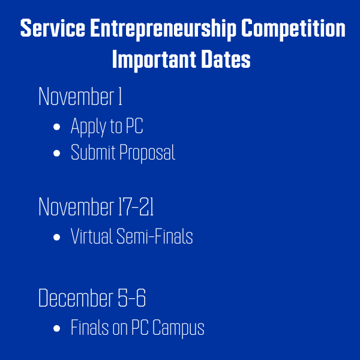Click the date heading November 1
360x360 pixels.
tap(80, 97)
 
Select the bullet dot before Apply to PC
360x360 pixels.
tap(57, 127)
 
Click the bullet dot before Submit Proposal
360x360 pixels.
tap(57, 154)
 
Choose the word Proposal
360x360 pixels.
tap(147, 153)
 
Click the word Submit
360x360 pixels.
tap(93, 152)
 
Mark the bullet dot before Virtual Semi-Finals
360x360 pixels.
tap(57, 238)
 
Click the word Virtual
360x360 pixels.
tap(91, 236)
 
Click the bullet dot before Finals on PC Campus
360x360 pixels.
tap(57, 329)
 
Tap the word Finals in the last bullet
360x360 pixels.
tap(88, 328)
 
